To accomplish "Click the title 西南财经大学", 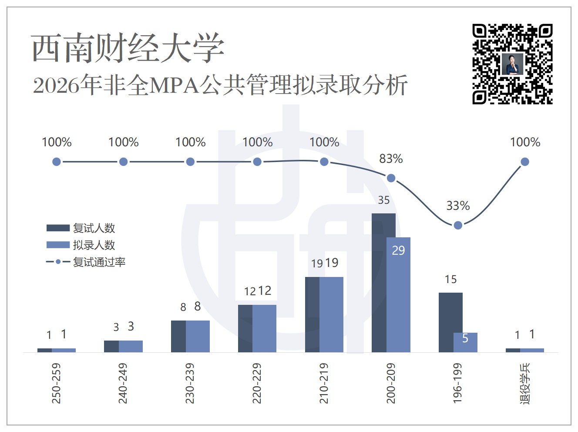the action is point(128,48).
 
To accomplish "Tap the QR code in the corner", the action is point(512,64).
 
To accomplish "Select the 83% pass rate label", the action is point(391,159).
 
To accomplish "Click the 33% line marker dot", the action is point(458,225).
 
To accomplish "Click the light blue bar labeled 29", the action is point(398,295).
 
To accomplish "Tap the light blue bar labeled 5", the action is point(465,342).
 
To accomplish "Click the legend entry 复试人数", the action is point(81,228).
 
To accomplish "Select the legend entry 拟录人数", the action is point(81,245).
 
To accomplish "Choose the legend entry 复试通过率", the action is point(86,262).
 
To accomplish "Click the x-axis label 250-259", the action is point(56,384).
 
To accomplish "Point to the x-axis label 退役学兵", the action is point(525,384).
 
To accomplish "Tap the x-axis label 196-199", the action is point(458,384).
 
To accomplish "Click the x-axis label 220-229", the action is point(257,384).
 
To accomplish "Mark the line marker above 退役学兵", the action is point(525,162).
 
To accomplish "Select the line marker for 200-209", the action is point(391,178).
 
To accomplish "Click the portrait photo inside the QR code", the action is point(512,64).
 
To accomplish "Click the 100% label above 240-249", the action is point(124,142).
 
